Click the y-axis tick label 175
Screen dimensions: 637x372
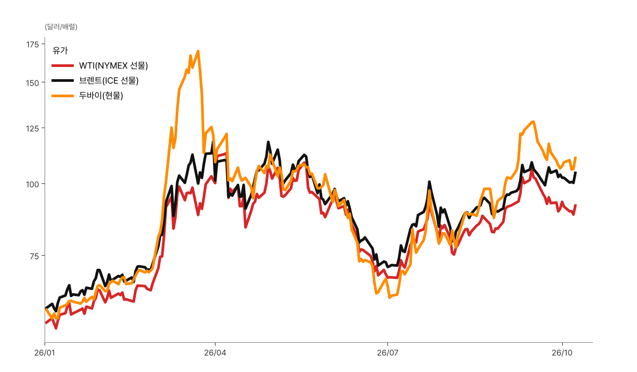point(32,45)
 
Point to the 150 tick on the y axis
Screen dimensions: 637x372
point(32,83)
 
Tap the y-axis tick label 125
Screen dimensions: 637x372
point(32,129)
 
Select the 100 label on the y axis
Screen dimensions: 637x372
point(32,184)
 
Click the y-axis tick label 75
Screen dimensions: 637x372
point(34,256)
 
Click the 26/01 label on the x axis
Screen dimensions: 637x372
point(45,353)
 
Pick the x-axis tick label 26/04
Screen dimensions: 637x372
point(216,353)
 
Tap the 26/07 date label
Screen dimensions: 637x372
point(388,353)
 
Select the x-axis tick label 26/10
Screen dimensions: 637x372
point(562,353)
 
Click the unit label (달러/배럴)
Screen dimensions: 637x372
point(61,27)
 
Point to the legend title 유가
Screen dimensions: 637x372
point(60,50)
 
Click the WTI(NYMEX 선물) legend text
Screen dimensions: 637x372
point(114,66)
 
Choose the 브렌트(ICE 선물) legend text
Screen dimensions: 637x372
point(109,81)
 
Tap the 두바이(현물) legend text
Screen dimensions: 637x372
point(101,96)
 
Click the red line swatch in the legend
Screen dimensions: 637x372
point(63,66)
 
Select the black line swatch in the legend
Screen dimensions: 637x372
point(63,81)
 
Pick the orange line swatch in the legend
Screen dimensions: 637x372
point(63,96)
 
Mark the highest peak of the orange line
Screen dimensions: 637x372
point(198,51)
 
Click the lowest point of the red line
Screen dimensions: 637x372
point(56,328)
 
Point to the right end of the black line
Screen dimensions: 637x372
point(576,172)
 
